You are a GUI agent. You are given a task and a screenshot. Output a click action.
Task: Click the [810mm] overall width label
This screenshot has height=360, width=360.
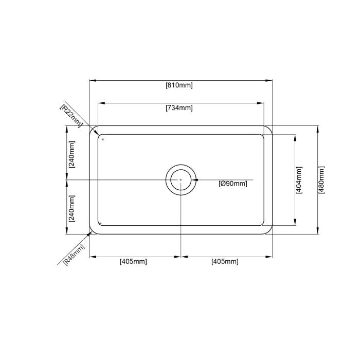pos(179,85)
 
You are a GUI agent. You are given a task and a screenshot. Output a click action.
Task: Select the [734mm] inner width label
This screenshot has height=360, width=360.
pos(179,108)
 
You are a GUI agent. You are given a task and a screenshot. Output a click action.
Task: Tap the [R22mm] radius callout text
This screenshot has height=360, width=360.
pos(71,115)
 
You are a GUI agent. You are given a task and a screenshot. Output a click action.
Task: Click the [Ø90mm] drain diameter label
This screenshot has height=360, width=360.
pos(232,184)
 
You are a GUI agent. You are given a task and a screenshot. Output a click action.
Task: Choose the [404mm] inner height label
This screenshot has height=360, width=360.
pos(299,180)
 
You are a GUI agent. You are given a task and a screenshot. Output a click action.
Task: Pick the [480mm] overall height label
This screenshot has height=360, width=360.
pos(322,180)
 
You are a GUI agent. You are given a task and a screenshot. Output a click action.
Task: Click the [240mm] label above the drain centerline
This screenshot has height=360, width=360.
pos(71,155)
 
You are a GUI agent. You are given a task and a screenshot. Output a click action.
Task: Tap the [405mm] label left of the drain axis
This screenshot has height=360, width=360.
pos(133,261)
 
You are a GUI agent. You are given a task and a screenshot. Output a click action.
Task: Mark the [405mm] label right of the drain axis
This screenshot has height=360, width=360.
pos(225,261)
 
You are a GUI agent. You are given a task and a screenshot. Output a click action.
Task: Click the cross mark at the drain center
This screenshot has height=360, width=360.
pos(181,179)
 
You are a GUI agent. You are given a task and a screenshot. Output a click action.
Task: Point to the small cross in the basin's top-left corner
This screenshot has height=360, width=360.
pos(103,139)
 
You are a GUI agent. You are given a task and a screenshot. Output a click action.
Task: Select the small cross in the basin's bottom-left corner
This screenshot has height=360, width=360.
pos(100,223)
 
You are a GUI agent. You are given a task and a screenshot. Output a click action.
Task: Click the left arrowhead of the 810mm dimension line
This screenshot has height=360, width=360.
pos(92,80)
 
